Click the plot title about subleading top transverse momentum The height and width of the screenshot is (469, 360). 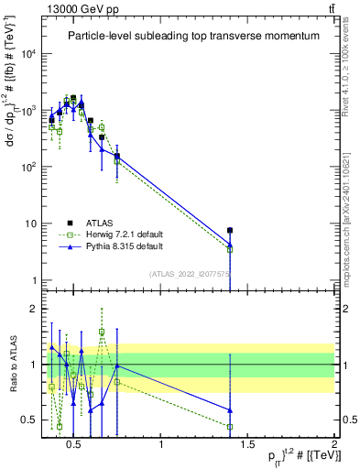point(192,36)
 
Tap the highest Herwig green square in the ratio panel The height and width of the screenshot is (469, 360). point(102,333)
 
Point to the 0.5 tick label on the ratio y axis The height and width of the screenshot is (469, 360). point(33,420)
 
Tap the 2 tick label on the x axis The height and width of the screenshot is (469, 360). point(334,446)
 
